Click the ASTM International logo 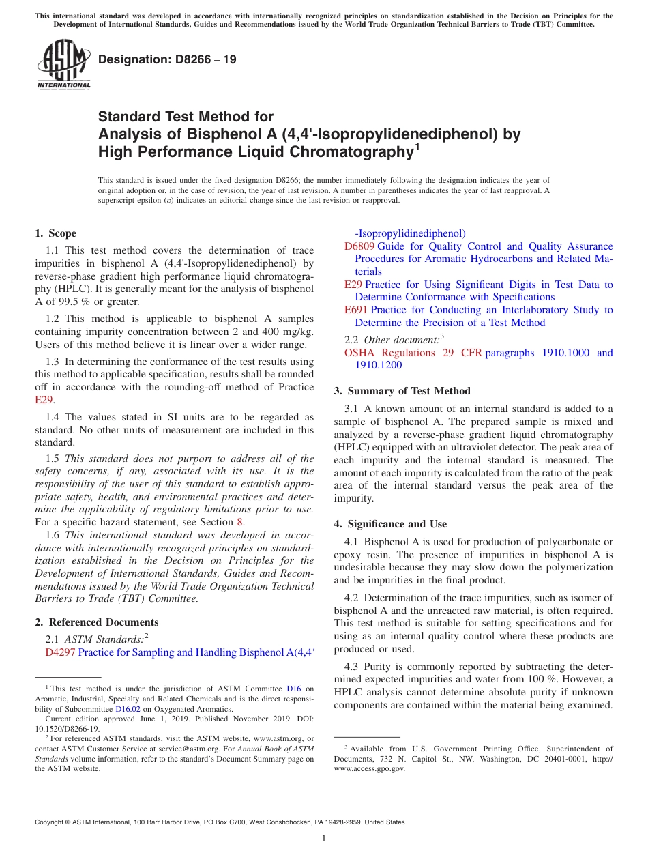pyautogui.click(x=63, y=64)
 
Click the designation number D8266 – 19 pyautogui.click(x=167, y=59)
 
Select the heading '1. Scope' pyautogui.click(x=56, y=233)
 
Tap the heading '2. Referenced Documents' pyautogui.click(x=97, y=622)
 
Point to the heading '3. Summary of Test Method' pyautogui.click(x=402, y=391)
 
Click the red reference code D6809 pyautogui.click(x=359, y=246)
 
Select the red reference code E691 pyautogui.click(x=355, y=310)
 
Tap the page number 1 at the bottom pyautogui.click(x=324, y=838)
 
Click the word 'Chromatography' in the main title pyautogui.click(x=349, y=151)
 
